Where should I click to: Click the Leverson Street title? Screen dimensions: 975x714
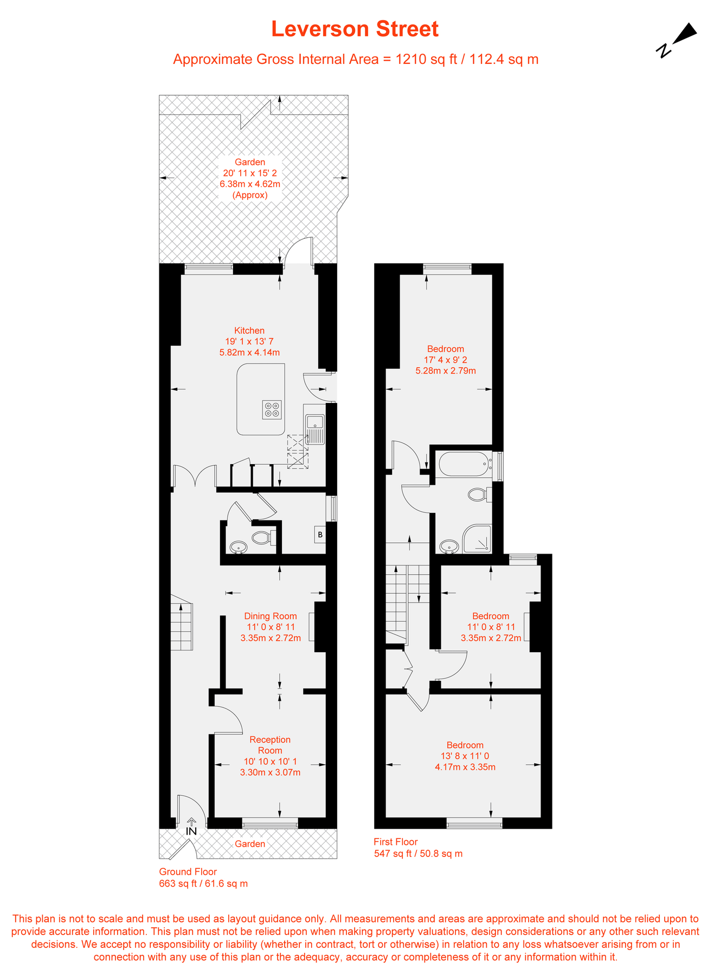355,29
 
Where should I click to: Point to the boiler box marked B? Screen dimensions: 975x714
320,535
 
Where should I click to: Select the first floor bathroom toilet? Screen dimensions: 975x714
478,494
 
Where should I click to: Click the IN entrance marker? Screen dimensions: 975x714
191,830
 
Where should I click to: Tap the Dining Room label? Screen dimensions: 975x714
271,616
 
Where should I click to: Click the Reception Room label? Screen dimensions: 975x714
270,745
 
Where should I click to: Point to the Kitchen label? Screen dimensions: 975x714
249,330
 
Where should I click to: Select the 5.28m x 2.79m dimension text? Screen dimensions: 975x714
446,371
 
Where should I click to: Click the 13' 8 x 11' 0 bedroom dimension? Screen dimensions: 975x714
465,756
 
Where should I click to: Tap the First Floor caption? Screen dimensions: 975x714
396,842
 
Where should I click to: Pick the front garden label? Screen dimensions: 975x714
250,844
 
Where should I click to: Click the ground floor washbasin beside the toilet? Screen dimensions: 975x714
238,548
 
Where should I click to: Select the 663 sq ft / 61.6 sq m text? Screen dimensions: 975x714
203,883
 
